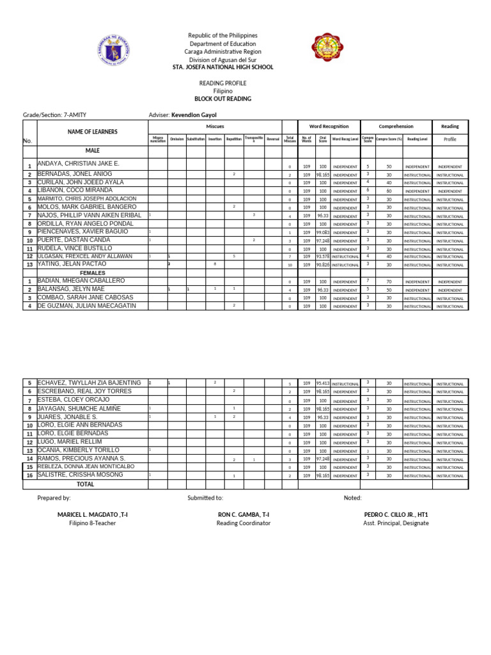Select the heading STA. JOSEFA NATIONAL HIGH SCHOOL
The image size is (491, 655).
222,67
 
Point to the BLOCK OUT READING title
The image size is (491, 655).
222,99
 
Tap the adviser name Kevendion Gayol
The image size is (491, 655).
194,114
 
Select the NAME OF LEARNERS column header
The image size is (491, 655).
93,132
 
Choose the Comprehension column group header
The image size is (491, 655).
396,127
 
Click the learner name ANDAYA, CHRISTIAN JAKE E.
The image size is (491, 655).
79,164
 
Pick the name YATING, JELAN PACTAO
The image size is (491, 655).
71,264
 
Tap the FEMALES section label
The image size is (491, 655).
92,272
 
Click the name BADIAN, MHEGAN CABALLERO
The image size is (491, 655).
81,281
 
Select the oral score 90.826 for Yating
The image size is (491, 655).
323,264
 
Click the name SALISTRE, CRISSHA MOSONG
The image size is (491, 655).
81,476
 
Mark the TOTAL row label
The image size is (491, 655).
86,484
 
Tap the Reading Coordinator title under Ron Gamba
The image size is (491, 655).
244,523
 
